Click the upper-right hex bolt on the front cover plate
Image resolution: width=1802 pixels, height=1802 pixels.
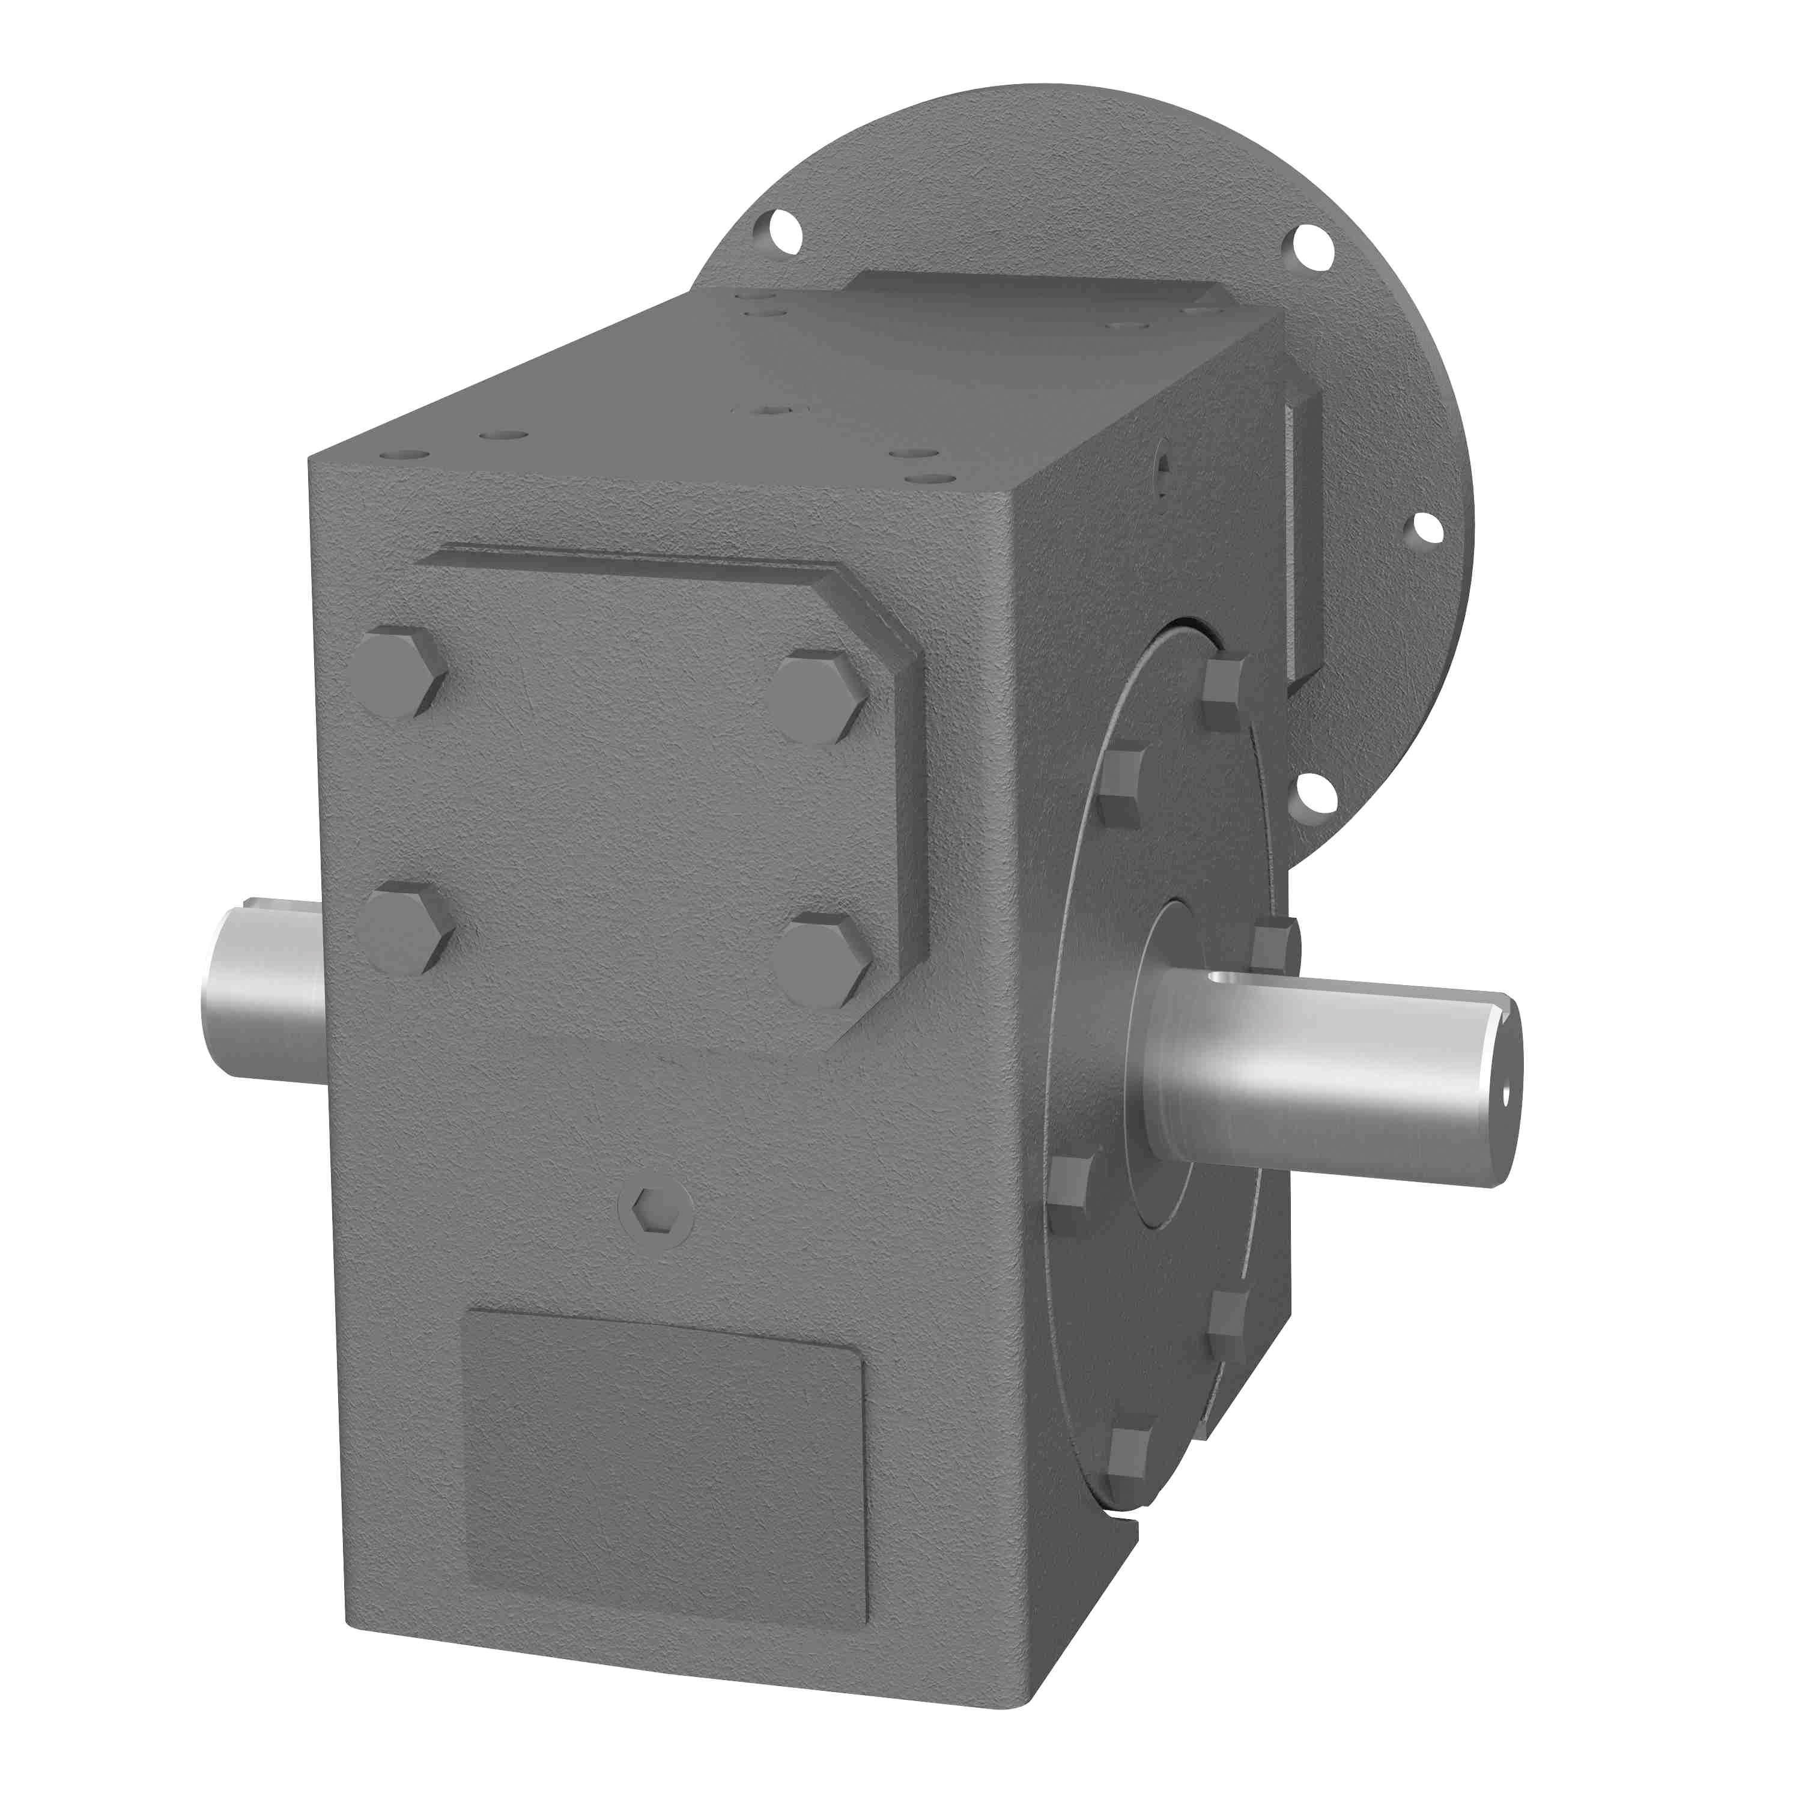(x=818, y=697)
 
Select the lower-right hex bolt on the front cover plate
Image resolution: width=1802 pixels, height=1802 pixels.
(x=823, y=960)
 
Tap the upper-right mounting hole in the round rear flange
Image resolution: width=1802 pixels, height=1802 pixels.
(x=1312, y=247)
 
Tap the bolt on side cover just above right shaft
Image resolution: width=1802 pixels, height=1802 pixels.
(x=1273, y=942)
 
